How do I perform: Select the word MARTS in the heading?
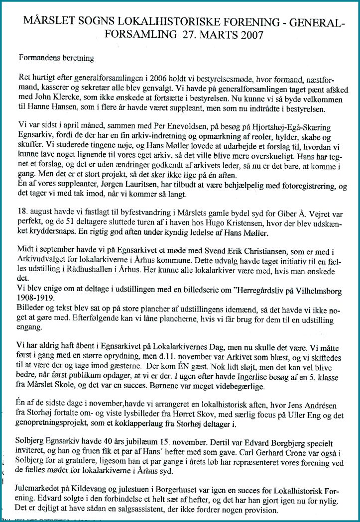tap(204, 36)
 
